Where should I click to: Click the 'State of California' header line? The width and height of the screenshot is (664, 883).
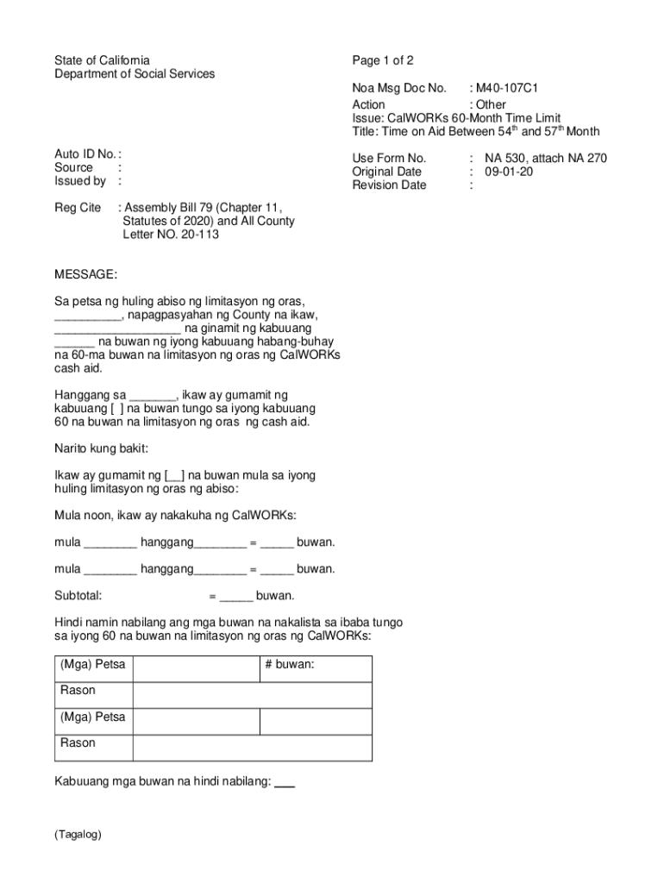102,60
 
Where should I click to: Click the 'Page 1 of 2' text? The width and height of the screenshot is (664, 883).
383,60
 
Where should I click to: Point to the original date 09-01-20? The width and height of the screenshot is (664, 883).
509,172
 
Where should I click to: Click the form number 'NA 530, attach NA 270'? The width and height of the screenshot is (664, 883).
545,158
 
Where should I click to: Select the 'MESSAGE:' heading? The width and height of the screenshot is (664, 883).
85,274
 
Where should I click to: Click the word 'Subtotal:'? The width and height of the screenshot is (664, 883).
78,595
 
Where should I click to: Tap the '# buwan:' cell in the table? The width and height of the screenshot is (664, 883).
290,666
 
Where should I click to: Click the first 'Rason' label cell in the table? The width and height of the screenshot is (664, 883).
78,691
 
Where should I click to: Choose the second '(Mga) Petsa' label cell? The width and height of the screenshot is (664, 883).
92,717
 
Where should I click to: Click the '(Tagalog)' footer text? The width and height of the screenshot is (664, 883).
78,835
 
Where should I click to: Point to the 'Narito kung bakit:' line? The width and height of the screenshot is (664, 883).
102,448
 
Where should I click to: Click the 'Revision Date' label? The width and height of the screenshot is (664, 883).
389,185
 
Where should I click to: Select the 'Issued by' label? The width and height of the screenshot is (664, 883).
80,181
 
